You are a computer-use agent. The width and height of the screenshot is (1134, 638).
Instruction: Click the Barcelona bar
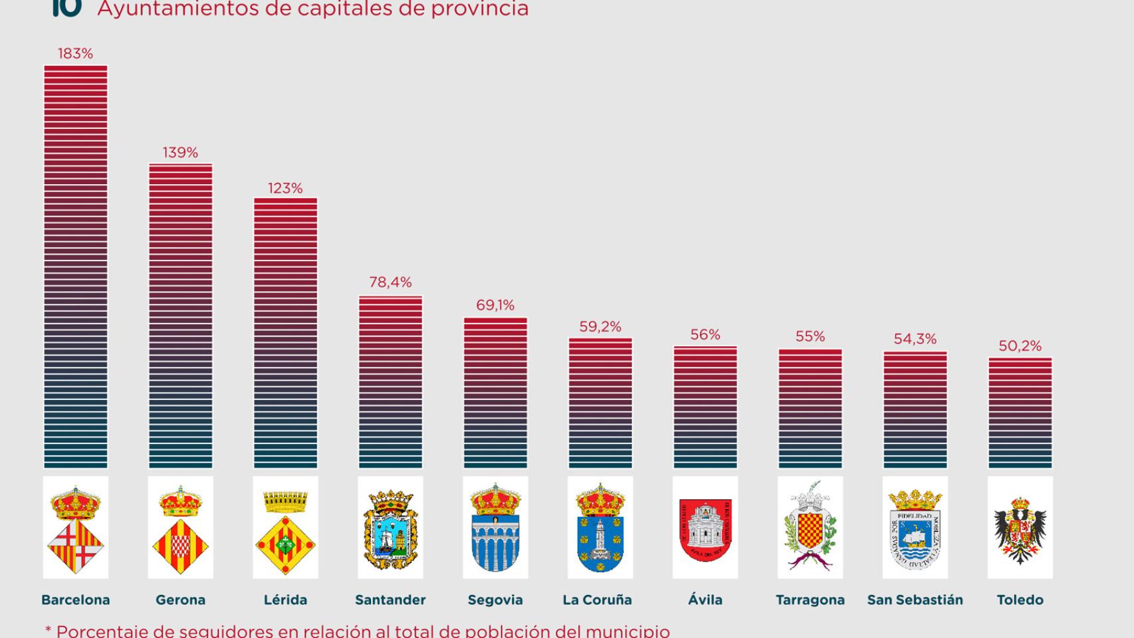75,266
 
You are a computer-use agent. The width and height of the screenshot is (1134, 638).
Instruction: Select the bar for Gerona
180,316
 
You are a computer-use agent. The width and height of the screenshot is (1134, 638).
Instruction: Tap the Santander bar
390,382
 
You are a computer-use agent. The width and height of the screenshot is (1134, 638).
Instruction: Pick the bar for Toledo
1020,413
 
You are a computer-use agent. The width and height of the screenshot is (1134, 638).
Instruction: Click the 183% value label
75,54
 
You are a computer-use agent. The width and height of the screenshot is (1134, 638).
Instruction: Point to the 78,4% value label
390,282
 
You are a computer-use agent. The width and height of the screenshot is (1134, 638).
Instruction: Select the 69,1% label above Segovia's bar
495,306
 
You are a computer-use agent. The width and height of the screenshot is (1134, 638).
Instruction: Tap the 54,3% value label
915,339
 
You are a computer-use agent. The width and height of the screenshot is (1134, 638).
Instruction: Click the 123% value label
285,189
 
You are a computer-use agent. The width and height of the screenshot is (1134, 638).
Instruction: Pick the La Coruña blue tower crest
600,528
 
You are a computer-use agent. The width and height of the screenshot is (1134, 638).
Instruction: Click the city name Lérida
285,600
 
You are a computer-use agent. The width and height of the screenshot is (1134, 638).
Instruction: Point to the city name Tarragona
810,600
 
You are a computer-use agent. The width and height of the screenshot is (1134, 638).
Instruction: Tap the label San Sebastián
915,600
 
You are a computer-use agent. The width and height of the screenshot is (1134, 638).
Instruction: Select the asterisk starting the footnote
48,629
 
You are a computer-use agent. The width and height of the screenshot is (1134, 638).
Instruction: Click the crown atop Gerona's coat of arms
180,500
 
